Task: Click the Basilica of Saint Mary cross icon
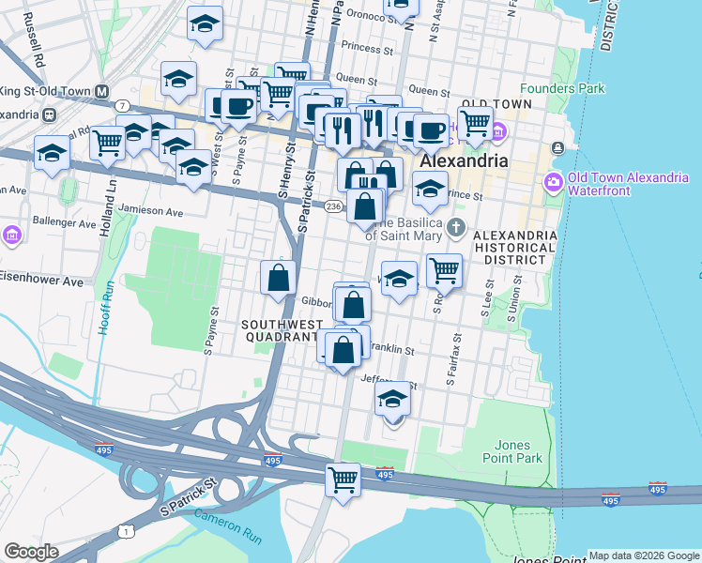tap(456, 227)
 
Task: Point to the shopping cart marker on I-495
tap(343, 479)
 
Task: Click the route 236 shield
tap(333, 205)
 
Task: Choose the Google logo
tap(31, 552)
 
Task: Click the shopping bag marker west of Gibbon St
tap(279, 278)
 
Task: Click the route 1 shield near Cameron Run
tap(125, 531)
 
